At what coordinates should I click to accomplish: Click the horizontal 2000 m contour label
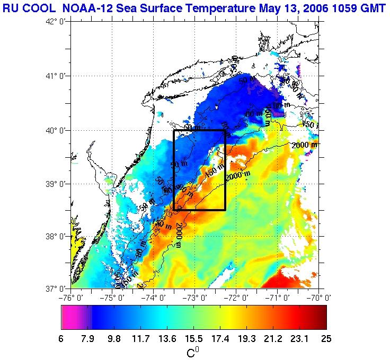[304, 145]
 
